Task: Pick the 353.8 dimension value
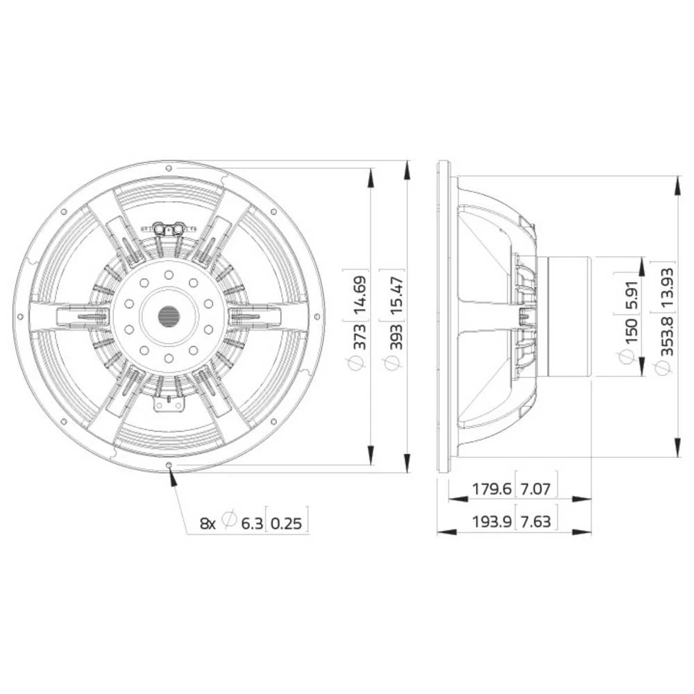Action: pos(668,337)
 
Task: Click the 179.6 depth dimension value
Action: pos(492,489)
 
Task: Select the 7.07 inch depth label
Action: pos(535,489)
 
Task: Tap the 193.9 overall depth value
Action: pos(492,520)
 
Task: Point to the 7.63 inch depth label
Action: pos(535,520)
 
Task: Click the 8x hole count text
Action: pos(208,523)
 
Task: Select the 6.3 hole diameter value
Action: pos(252,523)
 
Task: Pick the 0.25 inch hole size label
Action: pos(287,523)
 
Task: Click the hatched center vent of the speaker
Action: pos(169,316)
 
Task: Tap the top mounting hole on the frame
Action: pos(169,168)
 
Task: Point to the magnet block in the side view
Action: pos(569,316)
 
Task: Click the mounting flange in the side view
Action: pos(443,316)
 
